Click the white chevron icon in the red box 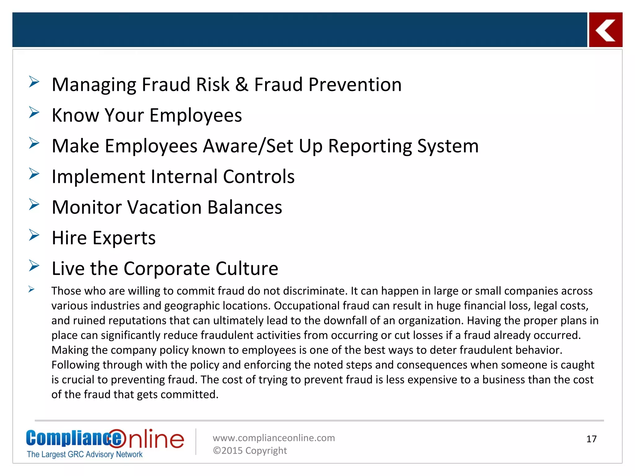tap(605, 30)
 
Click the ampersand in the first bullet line tap(242, 85)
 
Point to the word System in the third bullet tap(448, 146)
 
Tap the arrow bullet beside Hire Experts tap(34, 235)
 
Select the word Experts tap(124, 238)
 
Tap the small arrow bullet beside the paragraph tap(31, 289)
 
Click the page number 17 tap(591, 439)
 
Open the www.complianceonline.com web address tap(274, 438)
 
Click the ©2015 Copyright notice tap(250, 451)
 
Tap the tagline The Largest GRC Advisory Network tap(85, 454)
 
